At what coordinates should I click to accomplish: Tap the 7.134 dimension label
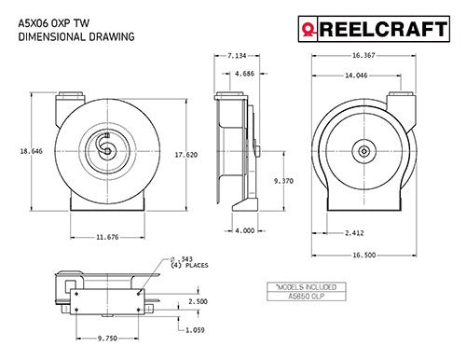(x=238, y=56)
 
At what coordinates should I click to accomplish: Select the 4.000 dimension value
(x=244, y=231)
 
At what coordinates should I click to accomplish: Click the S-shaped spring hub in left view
(x=104, y=147)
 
